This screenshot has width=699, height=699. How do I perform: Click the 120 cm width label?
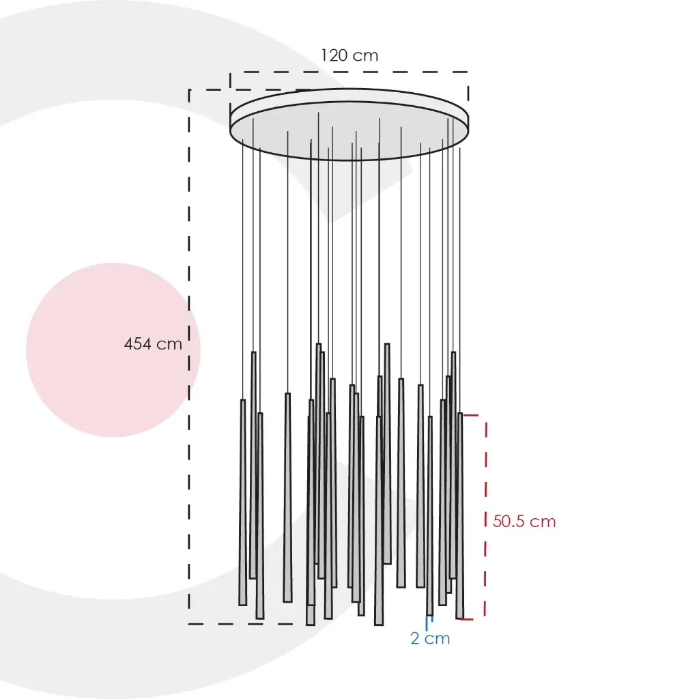[349, 55]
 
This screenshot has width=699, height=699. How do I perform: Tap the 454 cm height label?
[153, 344]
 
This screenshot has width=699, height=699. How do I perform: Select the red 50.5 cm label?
[524, 521]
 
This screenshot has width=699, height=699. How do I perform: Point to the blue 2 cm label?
[430, 638]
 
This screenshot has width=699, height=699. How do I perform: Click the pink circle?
[113, 350]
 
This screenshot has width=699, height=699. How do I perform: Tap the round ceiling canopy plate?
[349, 124]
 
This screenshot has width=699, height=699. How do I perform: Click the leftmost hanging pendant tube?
[243, 502]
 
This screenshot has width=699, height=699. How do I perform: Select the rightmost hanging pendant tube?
[460, 516]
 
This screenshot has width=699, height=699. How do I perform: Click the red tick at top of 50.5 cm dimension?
[471, 415]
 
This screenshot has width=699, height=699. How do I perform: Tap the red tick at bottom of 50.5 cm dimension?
[466, 619]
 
